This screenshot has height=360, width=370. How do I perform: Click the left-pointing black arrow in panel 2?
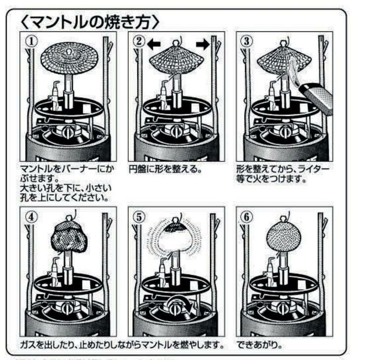pyautogui.click(x=155, y=44)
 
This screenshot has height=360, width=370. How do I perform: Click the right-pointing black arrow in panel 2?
pyautogui.click(x=202, y=44)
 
